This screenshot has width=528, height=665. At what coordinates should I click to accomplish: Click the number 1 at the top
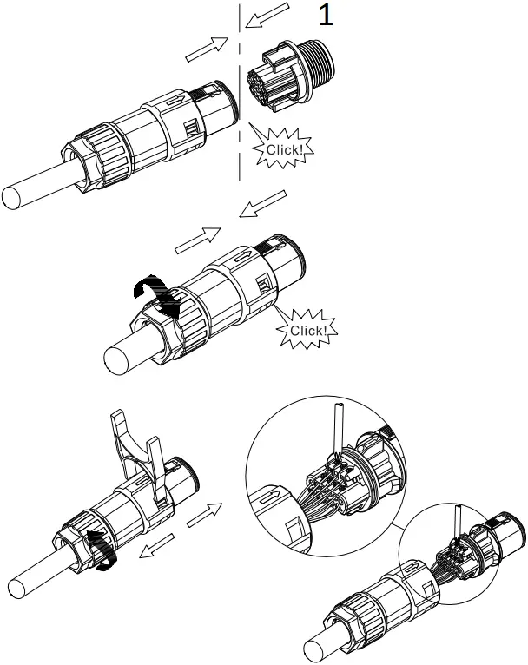(327, 16)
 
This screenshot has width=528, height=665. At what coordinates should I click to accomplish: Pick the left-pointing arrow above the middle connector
(261, 205)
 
